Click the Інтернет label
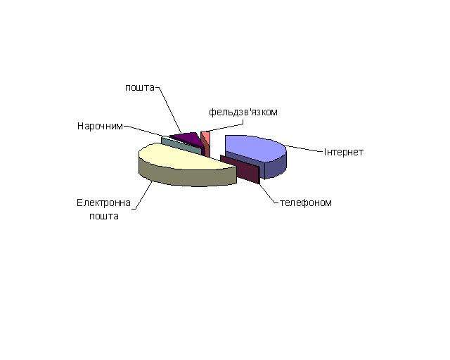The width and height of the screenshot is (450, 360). point(344,152)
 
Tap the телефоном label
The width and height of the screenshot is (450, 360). point(306,202)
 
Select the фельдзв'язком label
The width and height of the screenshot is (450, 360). point(243,112)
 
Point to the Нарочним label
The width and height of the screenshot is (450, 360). point(100,126)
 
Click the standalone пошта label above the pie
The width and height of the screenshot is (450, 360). point(140,88)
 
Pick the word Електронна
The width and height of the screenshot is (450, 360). point(103,203)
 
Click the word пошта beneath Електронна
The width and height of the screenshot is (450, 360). point(104,216)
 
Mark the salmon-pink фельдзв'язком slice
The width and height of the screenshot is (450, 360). point(206,143)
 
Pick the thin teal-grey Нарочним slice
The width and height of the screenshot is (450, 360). point(181,145)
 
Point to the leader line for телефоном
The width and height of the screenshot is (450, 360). point(269,193)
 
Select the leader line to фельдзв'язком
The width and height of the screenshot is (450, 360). point(226,126)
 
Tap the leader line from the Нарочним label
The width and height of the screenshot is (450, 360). point(144,131)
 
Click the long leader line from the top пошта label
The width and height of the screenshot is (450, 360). point(169,110)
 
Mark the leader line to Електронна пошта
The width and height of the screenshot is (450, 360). point(142,195)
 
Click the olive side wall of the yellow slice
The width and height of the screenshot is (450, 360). point(186,176)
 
